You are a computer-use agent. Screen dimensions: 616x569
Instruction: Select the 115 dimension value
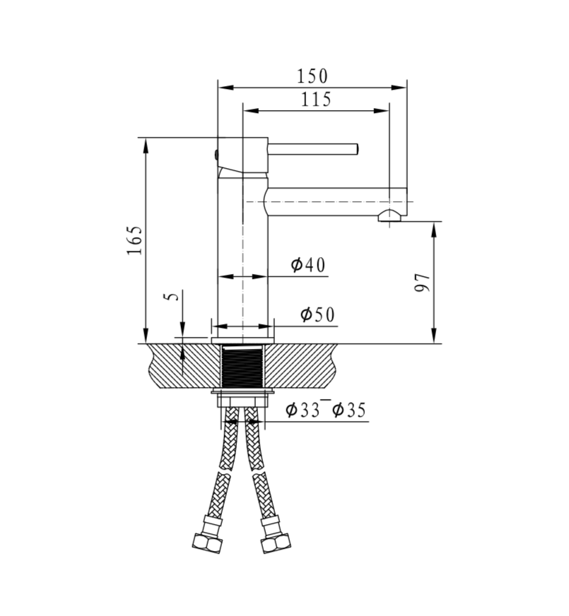[x=316, y=100]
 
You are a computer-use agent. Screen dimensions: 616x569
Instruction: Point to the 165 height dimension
[x=135, y=241]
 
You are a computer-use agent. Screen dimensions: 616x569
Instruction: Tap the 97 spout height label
[x=422, y=283]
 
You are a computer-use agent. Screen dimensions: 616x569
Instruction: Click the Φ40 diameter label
[x=307, y=265]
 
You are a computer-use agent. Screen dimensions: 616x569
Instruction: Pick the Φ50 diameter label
[x=317, y=315]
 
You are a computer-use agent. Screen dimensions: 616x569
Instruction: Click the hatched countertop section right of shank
[x=304, y=365]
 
